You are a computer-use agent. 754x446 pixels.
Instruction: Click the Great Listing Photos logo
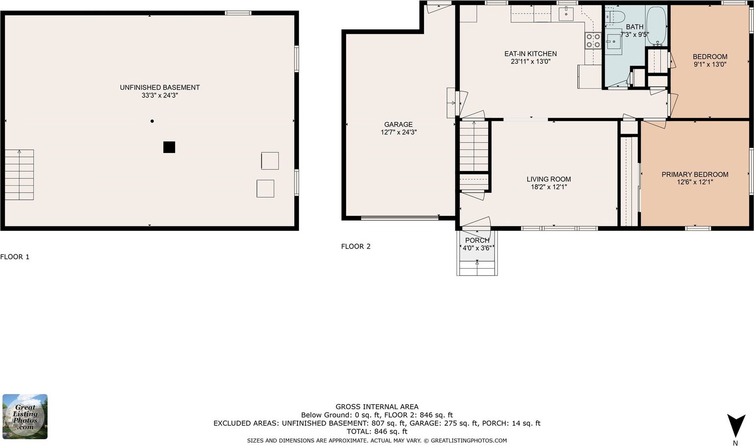[x=25, y=417]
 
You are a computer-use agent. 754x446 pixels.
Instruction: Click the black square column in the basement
[x=169, y=147]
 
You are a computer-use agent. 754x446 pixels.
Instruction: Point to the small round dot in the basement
[x=152, y=121]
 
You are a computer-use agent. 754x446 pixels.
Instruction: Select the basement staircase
[x=19, y=174]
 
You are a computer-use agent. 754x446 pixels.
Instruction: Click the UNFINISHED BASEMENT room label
[x=160, y=88]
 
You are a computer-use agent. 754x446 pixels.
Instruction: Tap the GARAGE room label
[x=399, y=124]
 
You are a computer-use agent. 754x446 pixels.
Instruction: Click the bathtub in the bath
[x=656, y=26]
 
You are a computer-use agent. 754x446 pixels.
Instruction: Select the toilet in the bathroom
[x=615, y=16]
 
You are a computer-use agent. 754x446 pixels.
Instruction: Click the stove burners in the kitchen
[x=593, y=40]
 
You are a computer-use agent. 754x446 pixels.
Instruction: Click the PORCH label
[x=478, y=240]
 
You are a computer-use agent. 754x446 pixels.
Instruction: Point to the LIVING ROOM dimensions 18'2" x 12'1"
[x=549, y=187]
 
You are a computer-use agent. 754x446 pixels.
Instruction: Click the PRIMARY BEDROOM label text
[x=695, y=174]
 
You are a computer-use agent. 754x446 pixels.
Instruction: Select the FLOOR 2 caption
[x=356, y=247]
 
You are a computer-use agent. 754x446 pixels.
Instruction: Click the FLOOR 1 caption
[x=15, y=257]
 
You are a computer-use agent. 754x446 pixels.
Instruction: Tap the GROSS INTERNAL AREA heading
[x=377, y=407]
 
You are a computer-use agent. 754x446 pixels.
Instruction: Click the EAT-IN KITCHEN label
[x=530, y=53]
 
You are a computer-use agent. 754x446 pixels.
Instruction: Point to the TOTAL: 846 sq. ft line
[x=377, y=431]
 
